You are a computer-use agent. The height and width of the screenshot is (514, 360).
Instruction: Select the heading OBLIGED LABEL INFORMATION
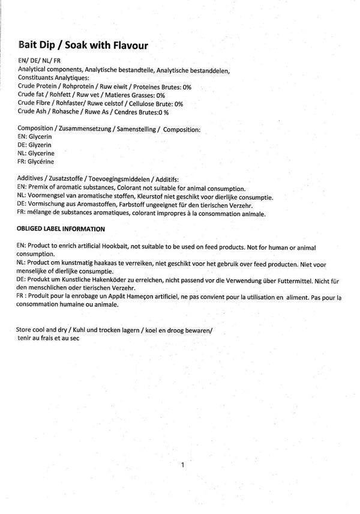pyautogui.click(x=61, y=229)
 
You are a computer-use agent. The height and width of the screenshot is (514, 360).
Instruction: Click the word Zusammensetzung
pyautogui.click(x=86, y=129)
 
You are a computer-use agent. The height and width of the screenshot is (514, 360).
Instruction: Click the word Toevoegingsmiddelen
pyautogui.click(x=119, y=180)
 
